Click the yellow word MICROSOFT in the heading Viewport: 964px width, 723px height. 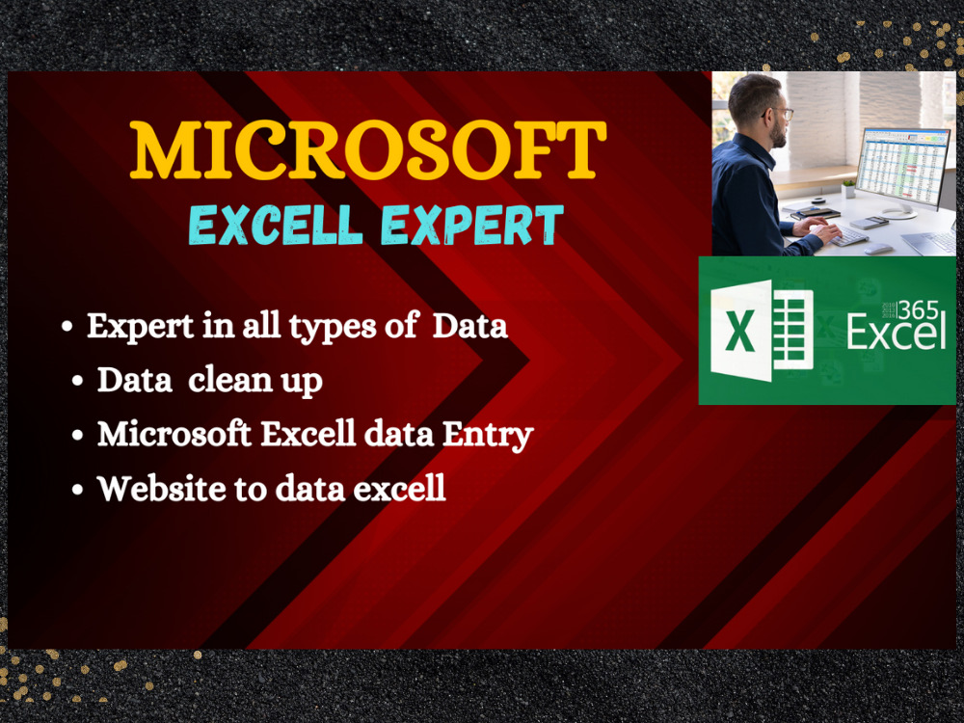368,150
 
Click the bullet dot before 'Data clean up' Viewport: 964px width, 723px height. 77,382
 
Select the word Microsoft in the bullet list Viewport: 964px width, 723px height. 174,435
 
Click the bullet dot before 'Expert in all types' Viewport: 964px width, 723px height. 67,329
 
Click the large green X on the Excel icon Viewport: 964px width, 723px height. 740,331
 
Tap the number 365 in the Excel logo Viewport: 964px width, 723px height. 922,308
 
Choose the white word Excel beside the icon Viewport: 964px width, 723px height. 895,335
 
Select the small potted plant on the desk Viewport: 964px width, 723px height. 848,187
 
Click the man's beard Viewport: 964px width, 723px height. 777,135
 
